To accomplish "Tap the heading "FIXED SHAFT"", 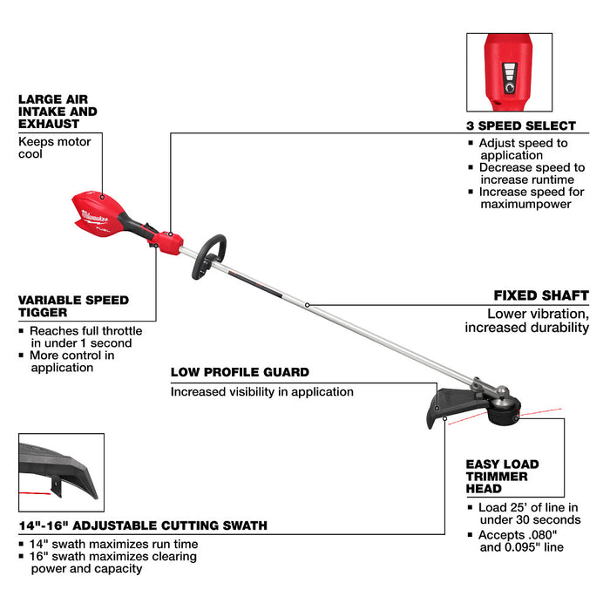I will (541, 295).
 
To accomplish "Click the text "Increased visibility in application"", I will (262, 392).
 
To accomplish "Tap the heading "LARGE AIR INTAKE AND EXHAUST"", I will (58, 112).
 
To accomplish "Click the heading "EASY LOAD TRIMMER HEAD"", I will (502, 477).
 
